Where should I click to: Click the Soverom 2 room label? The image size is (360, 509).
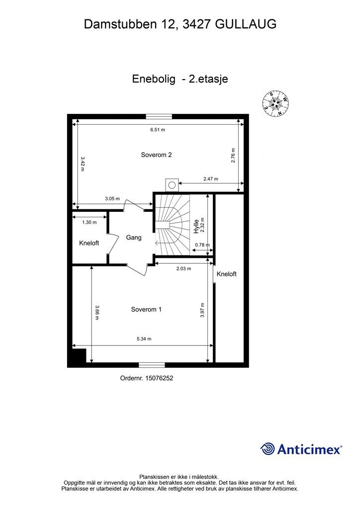[x=156, y=155]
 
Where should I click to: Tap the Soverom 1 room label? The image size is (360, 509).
[x=146, y=309]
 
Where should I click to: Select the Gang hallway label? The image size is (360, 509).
[x=133, y=238]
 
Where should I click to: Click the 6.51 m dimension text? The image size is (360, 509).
[x=158, y=130]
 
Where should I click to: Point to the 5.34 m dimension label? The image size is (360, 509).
[x=144, y=339]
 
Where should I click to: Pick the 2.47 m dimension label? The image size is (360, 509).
[x=210, y=179]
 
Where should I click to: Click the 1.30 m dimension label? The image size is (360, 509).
[x=90, y=222]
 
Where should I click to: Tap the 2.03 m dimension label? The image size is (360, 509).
[x=183, y=268]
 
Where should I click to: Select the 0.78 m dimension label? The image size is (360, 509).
[x=202, y=245]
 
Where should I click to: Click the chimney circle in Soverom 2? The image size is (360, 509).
[x=172, y=185]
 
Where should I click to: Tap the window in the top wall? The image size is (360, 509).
[x=159, y=117]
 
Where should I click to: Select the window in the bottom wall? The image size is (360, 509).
[x=152, y=365]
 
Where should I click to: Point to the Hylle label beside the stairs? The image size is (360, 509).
[x=196, y=226]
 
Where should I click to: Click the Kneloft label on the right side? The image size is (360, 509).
[x=226, y=274]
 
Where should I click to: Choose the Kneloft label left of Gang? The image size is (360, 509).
[x=89, y=243]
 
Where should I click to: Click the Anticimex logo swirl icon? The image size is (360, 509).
[x=268, y=449]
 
